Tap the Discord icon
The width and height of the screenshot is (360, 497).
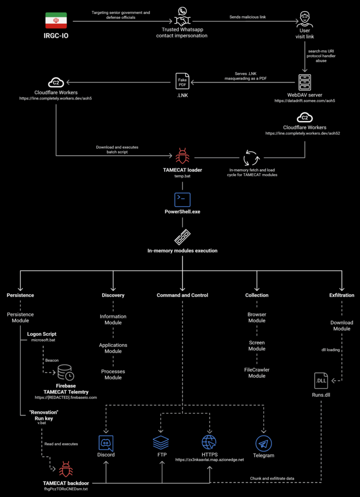click(x=106, y=443)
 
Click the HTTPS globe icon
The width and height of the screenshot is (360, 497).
click(x=209, y=443)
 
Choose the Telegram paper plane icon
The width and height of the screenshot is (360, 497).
click(x=263, y=443)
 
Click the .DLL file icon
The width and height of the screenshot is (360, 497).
click(x=321, y=381)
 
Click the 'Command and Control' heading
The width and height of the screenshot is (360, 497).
click(x=182, y=295)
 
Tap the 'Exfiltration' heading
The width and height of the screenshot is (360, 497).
click(x=342, y=295)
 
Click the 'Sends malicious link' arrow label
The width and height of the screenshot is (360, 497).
click(x=248, y=17)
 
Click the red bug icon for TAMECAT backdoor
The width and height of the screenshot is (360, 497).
click(x=66, y=470)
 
